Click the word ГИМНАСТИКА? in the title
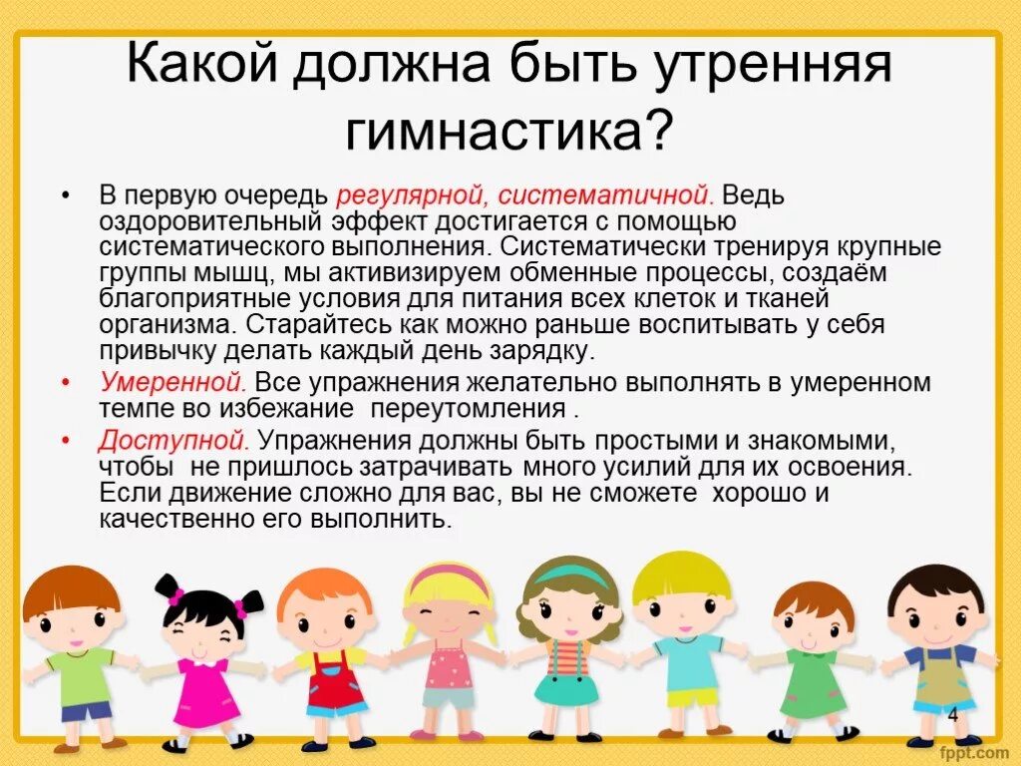point(510,130)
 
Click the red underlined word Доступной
point(171,440)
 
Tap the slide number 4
point(952,714)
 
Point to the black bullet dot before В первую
point(66,194)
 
